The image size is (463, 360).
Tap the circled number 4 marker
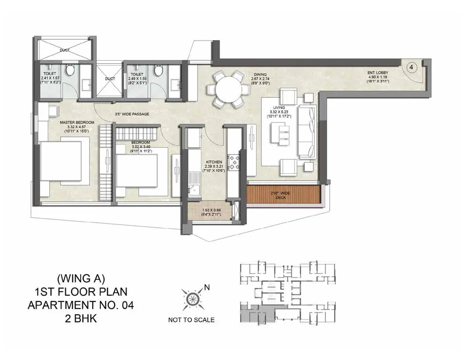(x=412, y=67)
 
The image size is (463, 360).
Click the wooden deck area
(x=283, y=194)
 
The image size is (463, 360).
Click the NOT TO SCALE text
(x=191, y=320)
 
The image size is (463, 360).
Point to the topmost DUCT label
(x=64, y=50)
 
